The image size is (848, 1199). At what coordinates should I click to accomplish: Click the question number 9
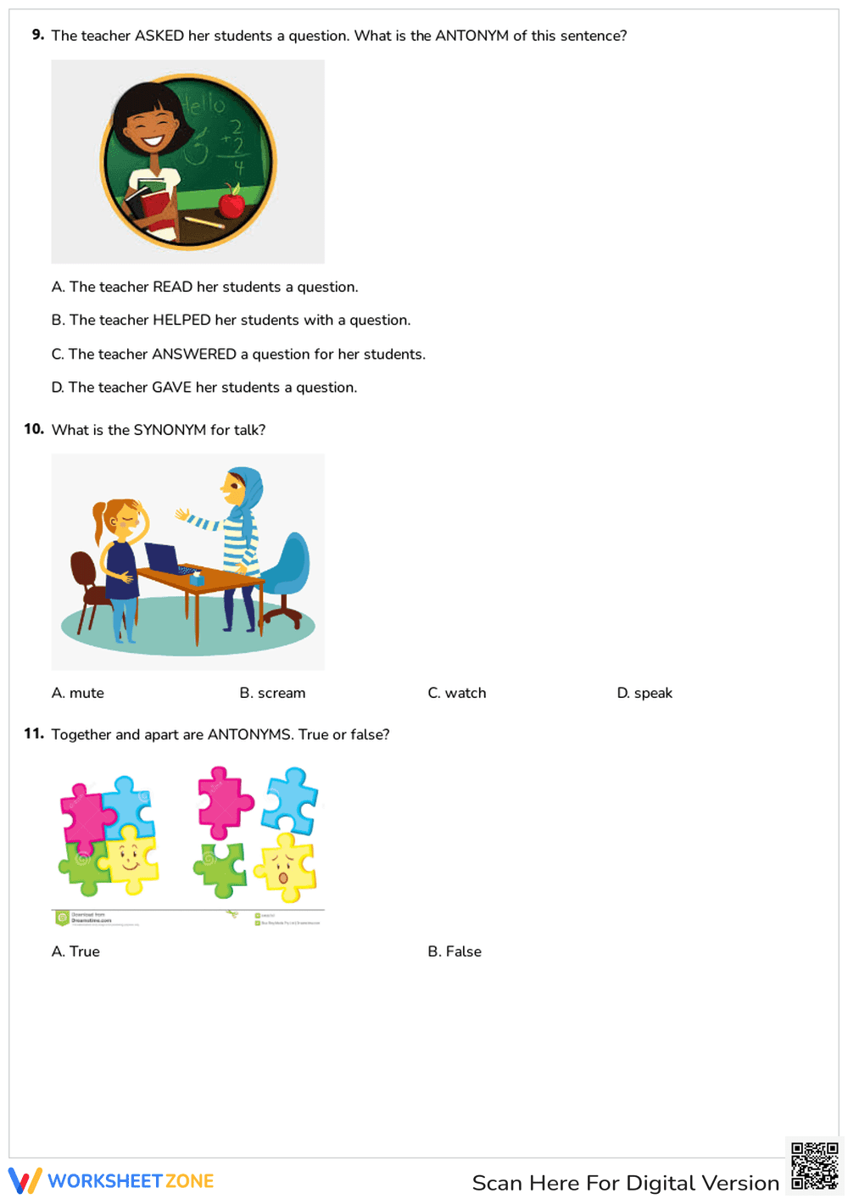(x=37, y=35)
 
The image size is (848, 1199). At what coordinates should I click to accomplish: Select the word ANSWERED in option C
(x=194, y=354)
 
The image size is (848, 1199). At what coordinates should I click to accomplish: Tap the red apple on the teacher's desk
(x=232, y=204)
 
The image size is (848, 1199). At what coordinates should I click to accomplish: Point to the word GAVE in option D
(x=171, y=388)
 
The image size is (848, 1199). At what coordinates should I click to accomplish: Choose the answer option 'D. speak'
(x=644, y=693)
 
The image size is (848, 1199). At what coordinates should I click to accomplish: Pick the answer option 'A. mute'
(x=78, y=693)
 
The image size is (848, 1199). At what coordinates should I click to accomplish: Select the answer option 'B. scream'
(x=272, y=693)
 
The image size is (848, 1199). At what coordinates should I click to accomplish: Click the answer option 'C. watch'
(x=457, y=693)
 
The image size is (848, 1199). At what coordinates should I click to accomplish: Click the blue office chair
(x=288, y=577)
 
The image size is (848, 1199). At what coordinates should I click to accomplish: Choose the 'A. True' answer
(x=75, y=951)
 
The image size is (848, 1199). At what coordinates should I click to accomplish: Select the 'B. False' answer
(x=455, y=951)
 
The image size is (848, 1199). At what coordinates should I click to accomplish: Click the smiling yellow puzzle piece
(x=129, y=858)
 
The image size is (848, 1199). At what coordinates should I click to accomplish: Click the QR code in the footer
(x=814, y=1167)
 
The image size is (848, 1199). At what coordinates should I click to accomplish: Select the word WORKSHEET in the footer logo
(x=105, y=1181)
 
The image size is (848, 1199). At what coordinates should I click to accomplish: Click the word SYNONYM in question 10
(x=170, y=430)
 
